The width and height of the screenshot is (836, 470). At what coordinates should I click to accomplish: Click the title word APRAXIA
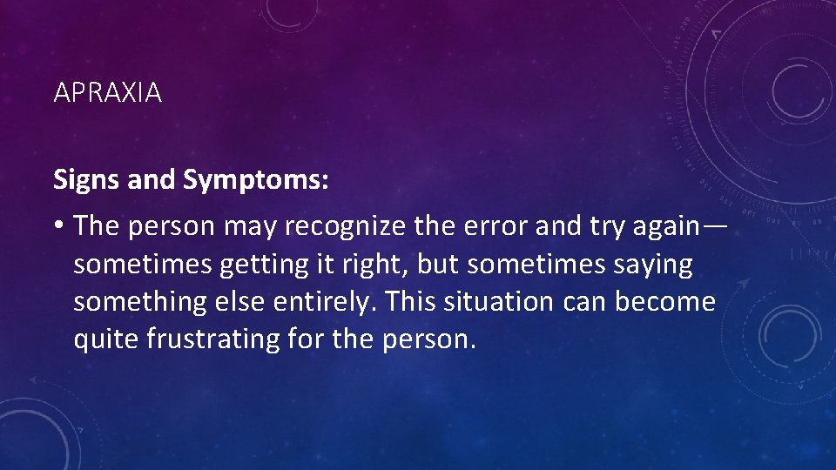pyautogui.click(x=107, y=93)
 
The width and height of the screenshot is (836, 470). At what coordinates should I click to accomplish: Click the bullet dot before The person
pyautogui.click(x=58, y=226)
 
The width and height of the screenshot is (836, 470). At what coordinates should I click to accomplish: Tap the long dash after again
pyautogui.click(x=714, y=226)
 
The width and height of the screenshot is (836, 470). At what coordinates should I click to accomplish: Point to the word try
pyautogui.click(x=595, y=226)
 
